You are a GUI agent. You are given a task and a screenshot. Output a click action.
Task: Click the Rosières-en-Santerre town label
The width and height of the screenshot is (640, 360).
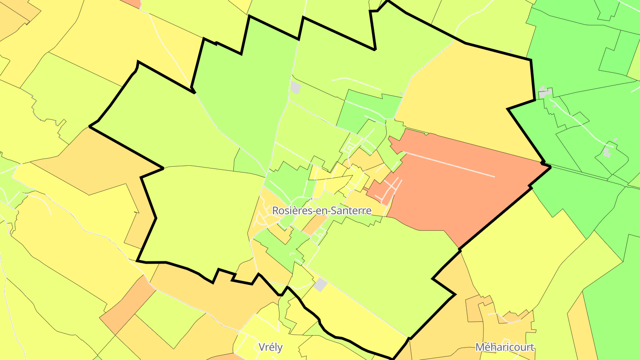pyautogui.click(x=321, y=210)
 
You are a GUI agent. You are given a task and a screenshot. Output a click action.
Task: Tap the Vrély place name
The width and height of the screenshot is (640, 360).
pyautogui.click(x=270, y=347)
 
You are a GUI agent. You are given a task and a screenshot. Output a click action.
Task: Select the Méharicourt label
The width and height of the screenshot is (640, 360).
pyautogui.click(x=504, y=347)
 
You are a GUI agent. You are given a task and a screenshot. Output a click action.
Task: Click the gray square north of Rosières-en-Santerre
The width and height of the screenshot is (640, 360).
pyautogui.click(x=295, y=87)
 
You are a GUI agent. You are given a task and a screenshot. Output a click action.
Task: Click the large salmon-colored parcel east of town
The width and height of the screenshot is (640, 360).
pyautogui.click(x=449, y=191)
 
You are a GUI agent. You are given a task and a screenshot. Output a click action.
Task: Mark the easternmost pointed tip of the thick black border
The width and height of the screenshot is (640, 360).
pyautogui.click(x=550, y=167)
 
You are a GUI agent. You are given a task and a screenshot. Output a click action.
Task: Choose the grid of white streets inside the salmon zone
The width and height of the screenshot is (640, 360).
pyautogui.click(x=389, y=189)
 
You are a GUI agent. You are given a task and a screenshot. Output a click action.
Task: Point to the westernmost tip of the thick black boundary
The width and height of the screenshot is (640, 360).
pyautogui.click(x=90, y=127)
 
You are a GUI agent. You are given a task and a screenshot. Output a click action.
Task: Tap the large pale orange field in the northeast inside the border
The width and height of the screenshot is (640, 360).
pyautogui.click(x=467, y=93)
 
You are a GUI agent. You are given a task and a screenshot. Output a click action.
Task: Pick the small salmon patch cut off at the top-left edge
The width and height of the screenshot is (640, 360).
pyautogui.click(x=132, y=3)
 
